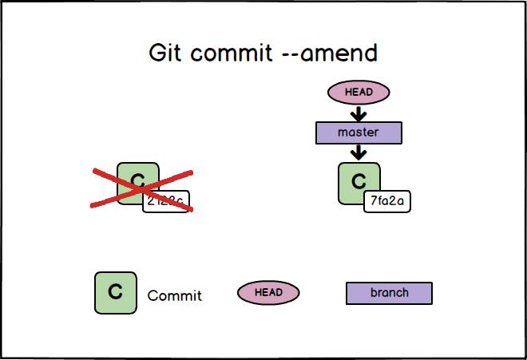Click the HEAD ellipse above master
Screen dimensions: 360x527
pos(359,92)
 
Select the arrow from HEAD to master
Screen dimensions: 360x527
pos(359,113)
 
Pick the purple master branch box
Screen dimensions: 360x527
pos(359,132)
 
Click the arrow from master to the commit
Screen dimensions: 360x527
pos(359,151)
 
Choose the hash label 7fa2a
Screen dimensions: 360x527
pos(387,201)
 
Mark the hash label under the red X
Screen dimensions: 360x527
pos(166,202)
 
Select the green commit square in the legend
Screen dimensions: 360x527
pos(115,292)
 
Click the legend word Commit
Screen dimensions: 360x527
pos(175,296)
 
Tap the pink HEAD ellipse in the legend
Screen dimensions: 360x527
pos(268,293)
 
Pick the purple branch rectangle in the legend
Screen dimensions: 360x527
pos(389,293)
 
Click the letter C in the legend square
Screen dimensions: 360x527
pos(115,292)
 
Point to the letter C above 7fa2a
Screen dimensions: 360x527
pos(359,182)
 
